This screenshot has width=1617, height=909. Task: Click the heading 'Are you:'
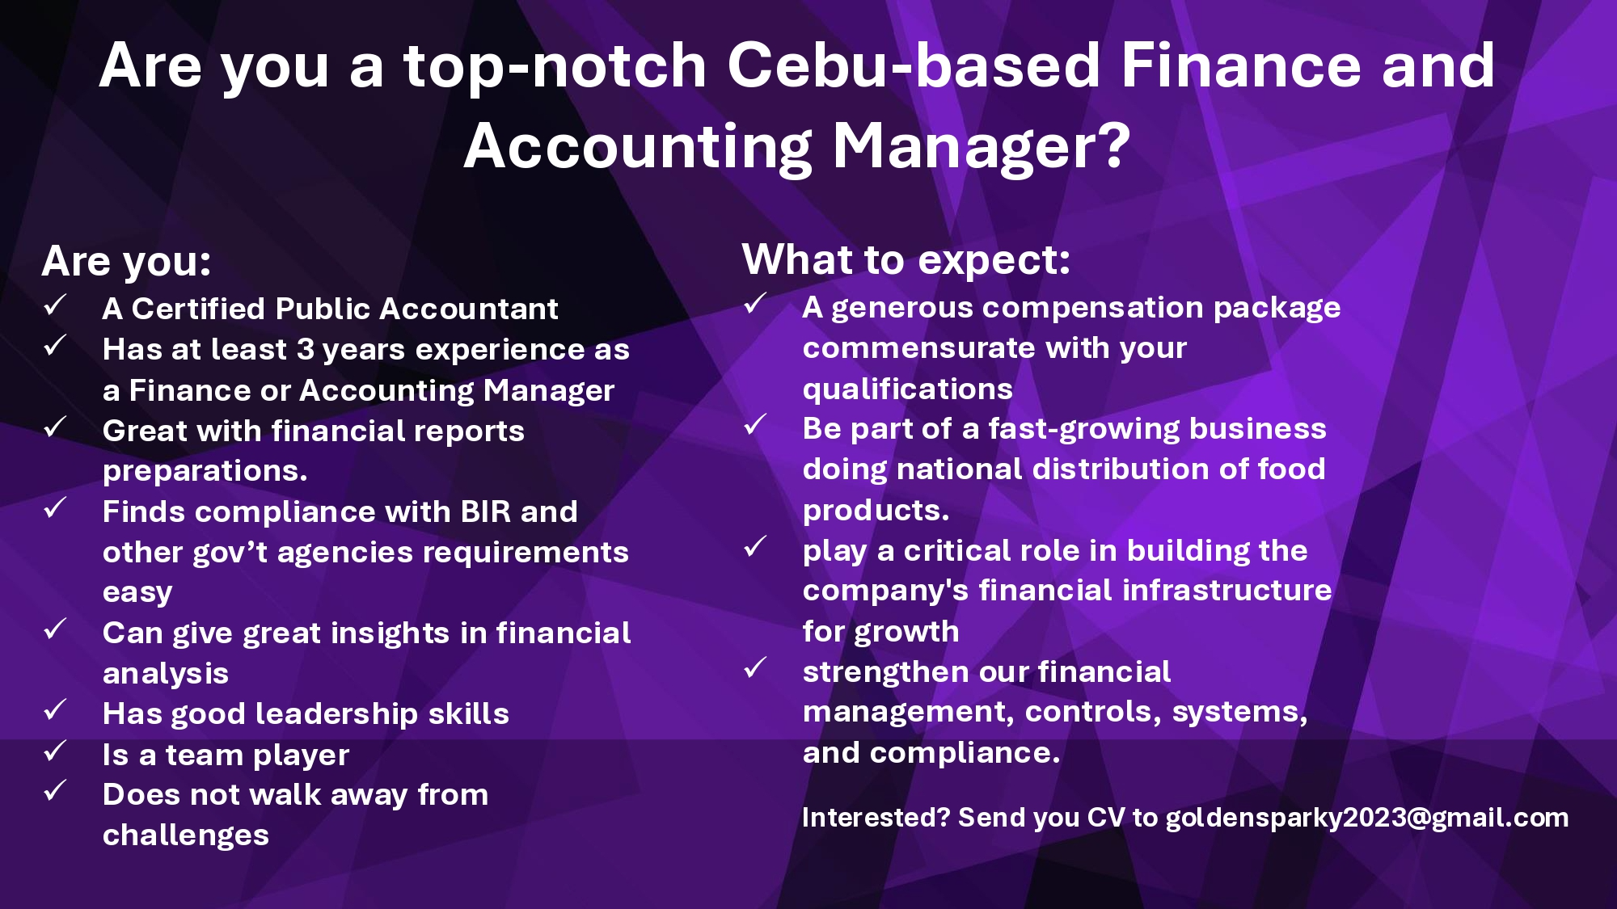(126, 262)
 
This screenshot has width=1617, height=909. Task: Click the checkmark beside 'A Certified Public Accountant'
(55, 305)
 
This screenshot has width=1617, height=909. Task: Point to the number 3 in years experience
(305, 350)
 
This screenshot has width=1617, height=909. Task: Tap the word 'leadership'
(336, 714)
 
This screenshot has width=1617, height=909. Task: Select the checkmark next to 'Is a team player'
(55, 751)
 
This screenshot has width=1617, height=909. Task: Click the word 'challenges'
(185, 835)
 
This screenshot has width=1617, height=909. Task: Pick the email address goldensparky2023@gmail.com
(1367, 819)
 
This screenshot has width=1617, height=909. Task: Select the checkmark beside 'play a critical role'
(755, 547)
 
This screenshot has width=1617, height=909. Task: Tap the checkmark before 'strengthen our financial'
(755, 668)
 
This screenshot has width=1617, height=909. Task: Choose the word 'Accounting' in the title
(638, 146)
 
